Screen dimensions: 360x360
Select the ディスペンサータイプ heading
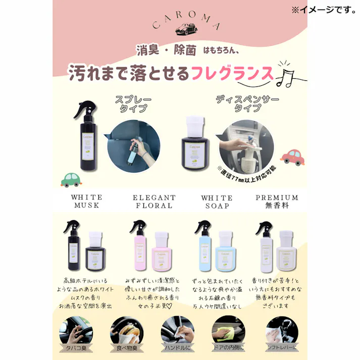pos(240,104)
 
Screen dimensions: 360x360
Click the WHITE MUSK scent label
pos(80,201)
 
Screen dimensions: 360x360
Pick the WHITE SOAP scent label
pos(217,201)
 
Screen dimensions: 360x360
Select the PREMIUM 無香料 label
pos(277,201)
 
